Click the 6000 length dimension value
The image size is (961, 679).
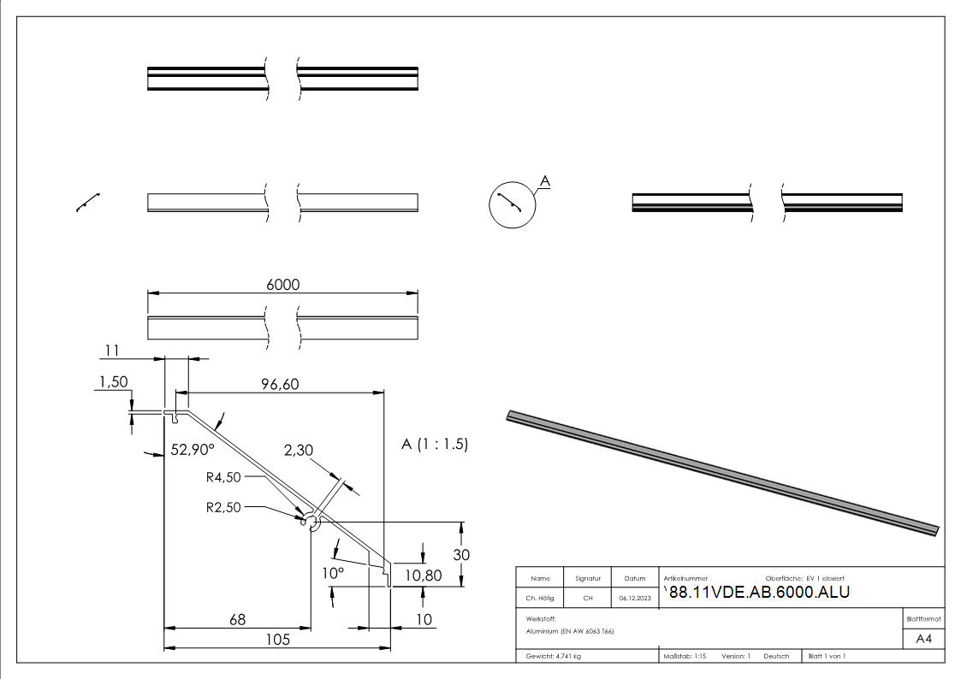tap(283, 285)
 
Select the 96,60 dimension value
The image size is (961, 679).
tap(279, 385)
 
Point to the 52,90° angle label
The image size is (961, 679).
tap(193, 449)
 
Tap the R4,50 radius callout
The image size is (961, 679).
tap(224, 477)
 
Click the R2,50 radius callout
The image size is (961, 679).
tap(224, 507)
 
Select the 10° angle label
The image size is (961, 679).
tap(332, 572)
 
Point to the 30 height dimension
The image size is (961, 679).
tap(461, 554)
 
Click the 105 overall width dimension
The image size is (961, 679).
tap(276, 639)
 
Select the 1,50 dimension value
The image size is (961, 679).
tap(114, 383)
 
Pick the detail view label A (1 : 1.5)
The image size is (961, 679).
tap(435, 445)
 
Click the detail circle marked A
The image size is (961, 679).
tap(511, 204)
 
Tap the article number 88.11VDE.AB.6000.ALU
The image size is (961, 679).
tap(758, 592)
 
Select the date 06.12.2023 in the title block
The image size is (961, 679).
tap(634, 598)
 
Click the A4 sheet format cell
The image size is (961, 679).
tap(924, 639)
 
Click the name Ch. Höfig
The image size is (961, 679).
tap(540, 598)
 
